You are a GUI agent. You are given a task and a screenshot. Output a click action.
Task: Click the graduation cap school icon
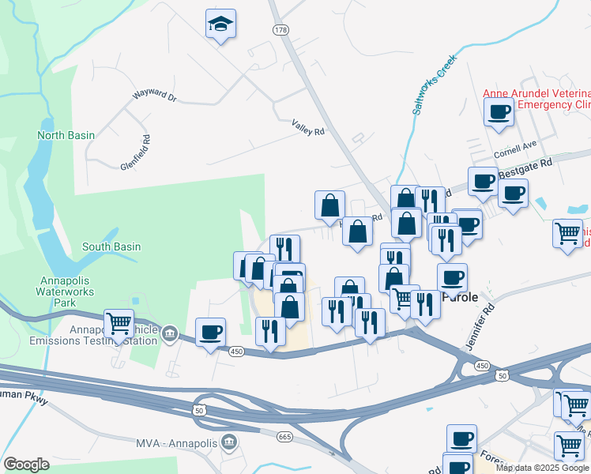[x=220, y=24]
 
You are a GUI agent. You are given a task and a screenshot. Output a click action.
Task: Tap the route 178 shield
[x=280, y=29]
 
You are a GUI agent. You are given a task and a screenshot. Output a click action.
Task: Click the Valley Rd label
[x=308, y=126]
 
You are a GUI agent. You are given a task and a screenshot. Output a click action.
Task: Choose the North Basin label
[x=66, y=135]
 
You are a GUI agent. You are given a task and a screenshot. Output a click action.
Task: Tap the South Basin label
[x=111, y=246]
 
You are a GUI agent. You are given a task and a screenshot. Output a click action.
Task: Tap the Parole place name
[x=459, y=298]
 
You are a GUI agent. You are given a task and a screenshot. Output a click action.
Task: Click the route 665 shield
[x=285, y=436]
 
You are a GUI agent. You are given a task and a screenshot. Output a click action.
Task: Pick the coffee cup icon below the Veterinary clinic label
[x=499, y=111]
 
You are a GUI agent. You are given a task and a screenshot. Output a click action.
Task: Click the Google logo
[x=26, y=465]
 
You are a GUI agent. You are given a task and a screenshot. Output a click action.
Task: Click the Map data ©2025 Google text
[x=542, y=468]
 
